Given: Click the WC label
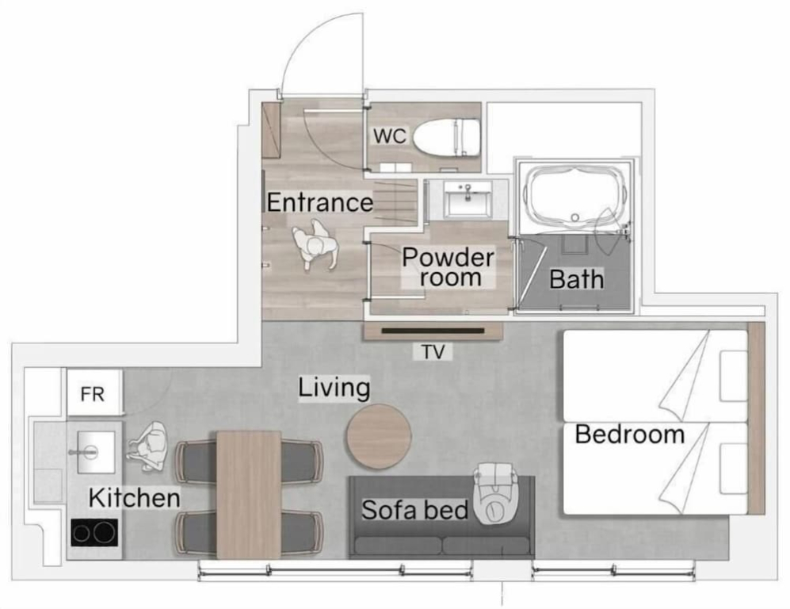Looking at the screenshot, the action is [x=390, y=136].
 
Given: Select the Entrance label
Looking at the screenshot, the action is [x=319, y=203].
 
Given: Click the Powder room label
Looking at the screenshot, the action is [x=448, y=267].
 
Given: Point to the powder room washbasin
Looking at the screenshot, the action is [x=468, y=199].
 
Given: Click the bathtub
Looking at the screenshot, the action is [x=574, y=194].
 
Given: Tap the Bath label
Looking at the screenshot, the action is [x=576, y=279].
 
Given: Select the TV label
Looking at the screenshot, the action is [x=433, y=352].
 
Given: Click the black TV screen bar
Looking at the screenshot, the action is [x=433, y=331].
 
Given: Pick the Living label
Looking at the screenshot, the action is [x=334, y=389].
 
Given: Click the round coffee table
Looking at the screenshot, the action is [x=379, y=436].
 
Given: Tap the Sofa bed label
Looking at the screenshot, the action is [x=415, y=510].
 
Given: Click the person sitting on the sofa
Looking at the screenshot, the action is [x=495, y=493].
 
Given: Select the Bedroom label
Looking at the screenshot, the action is [x=630, y=435].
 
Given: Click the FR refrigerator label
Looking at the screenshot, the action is [x=93, y=394].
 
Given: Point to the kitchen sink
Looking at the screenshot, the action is [x=96, y=452].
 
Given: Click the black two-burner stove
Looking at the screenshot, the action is [x=95, y=532].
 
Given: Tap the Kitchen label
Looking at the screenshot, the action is [x=135, y=498].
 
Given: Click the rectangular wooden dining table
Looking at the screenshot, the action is [x=249, y=495].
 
